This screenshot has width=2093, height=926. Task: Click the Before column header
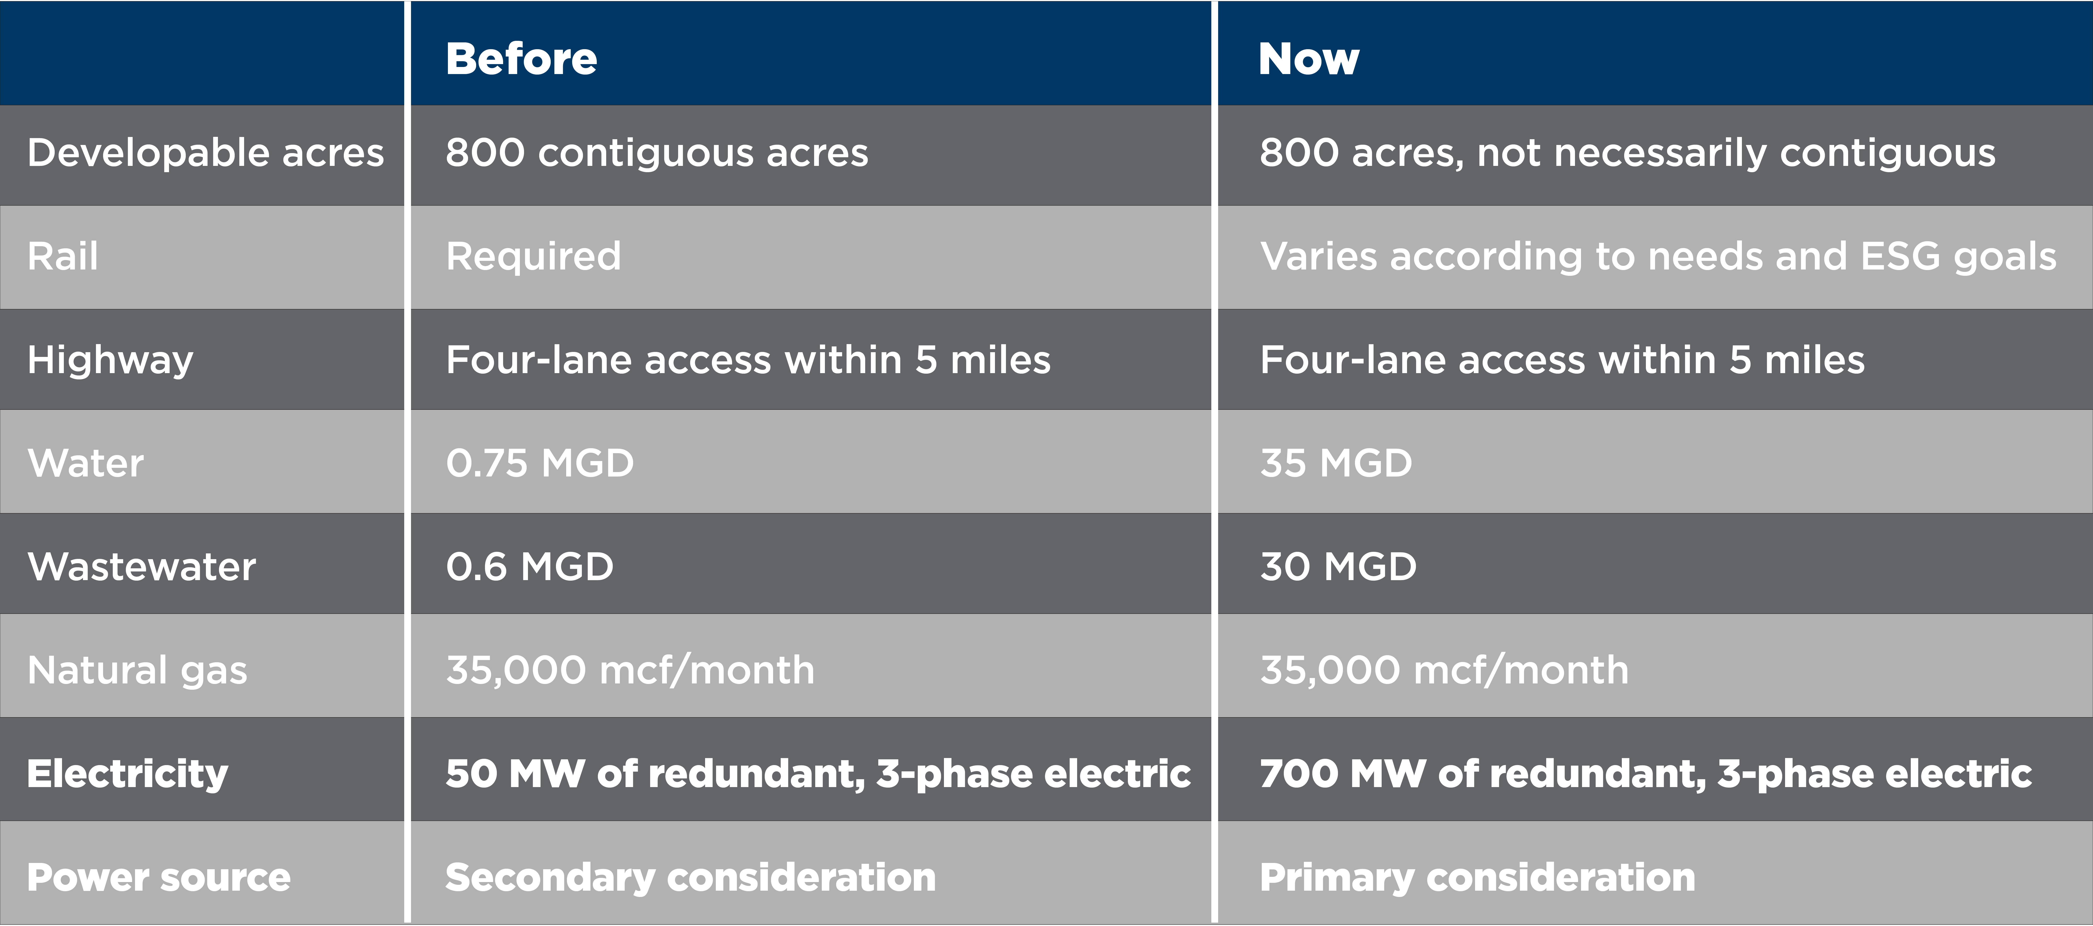521,59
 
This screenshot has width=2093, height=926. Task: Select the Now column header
1308,59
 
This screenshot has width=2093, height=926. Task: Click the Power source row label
159,877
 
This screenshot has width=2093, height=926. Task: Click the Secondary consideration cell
691,877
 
